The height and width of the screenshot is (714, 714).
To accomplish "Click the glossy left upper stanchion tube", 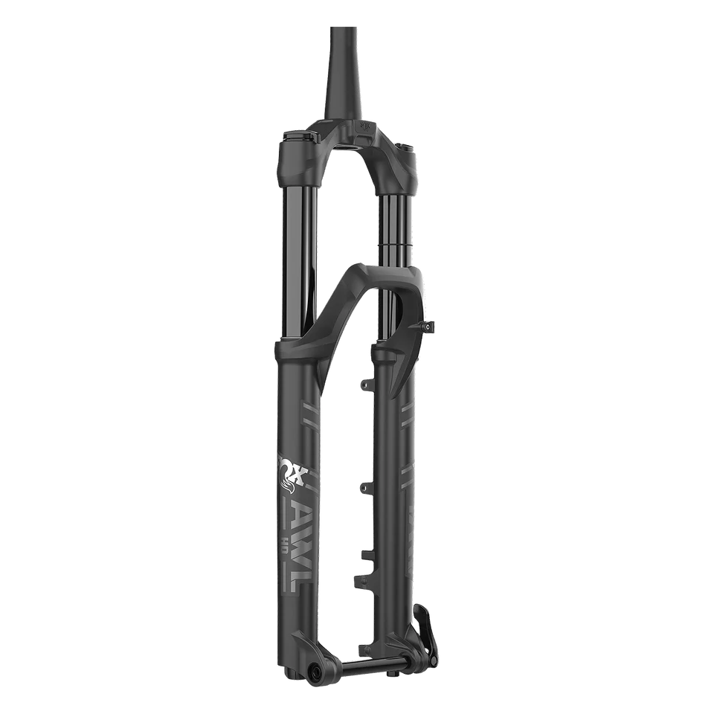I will [297, 253].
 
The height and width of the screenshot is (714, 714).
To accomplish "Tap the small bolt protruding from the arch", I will [432, 325].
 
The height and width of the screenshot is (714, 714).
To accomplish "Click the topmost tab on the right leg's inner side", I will [364, 384].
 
